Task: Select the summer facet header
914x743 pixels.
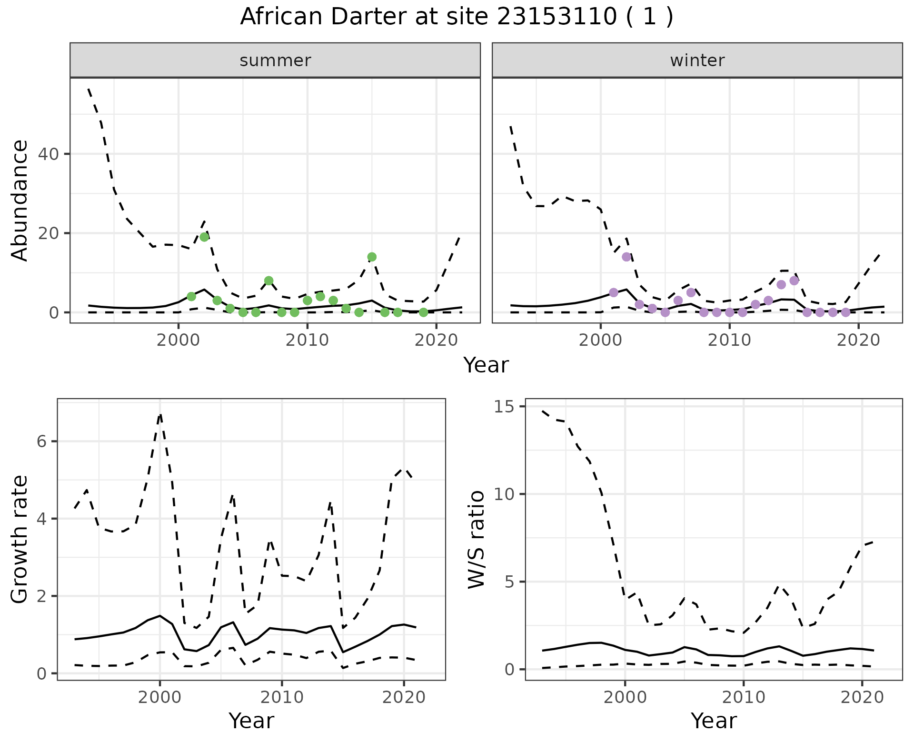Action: [x=275, y=60]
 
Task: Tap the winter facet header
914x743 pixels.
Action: [x=697, y=60]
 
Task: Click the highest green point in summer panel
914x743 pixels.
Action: [x=204, y=237]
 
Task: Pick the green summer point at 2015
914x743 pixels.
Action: [x=372, y=257]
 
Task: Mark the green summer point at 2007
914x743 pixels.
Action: [x=268, y=281]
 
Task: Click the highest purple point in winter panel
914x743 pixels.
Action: [x=626, y=257]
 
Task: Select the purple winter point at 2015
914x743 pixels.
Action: [x=794, y=281]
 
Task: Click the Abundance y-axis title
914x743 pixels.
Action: [x=20, y=201]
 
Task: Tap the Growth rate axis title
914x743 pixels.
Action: [x=20, y=540]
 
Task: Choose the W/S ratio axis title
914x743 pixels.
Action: [x=476, y=540]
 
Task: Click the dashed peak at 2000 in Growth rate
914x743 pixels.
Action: [x=160, y=415]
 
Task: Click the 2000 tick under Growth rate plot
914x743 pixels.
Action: [x=160, y=698]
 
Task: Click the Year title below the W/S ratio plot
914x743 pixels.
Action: [x=713, y=721]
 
